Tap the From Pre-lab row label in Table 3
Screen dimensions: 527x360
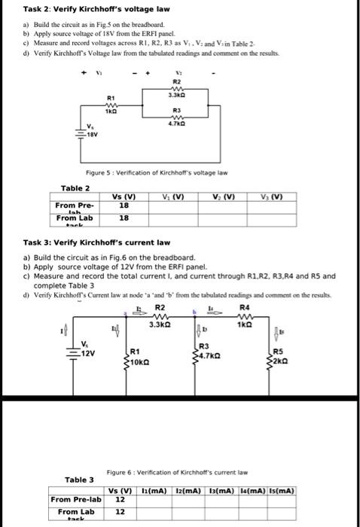[x=75, y=499]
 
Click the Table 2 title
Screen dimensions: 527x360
[x=75, y=187]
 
